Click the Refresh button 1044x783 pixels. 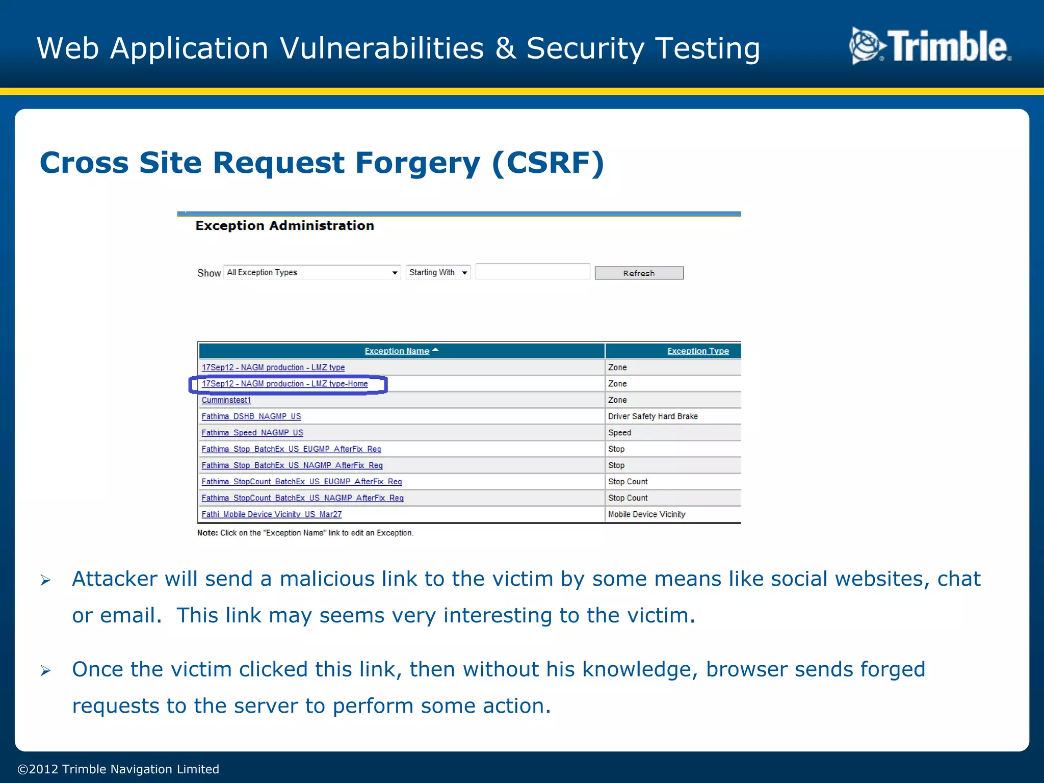[x=639, y=273]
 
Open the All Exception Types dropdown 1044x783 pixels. [x=312, y=273]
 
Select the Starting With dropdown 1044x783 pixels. [x=438, y=273]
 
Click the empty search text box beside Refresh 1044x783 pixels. [x=532, y=272]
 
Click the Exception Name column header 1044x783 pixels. [x=397, y=351]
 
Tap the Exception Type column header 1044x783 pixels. [x=698, y=351]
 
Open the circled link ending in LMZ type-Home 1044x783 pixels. [x=284, y=384]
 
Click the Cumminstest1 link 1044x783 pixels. [x=226, y=400]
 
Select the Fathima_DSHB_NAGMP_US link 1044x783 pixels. [x=251, y=416]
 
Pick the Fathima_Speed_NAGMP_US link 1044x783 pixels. [x=252, y=433]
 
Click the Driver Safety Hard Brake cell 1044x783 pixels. [x=652, y=416]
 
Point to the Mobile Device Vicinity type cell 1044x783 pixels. [x=646, y=514]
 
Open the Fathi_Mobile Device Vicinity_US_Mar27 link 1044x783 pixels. [x=272, y=514]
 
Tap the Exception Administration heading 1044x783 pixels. [x=284, y=226]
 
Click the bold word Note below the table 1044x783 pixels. [x=207, y=533]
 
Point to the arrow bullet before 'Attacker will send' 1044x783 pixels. [x=45, y=580]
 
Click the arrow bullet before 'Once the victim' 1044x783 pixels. [x=45, y=670]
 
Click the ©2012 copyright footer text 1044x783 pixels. [x=118, y=769]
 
